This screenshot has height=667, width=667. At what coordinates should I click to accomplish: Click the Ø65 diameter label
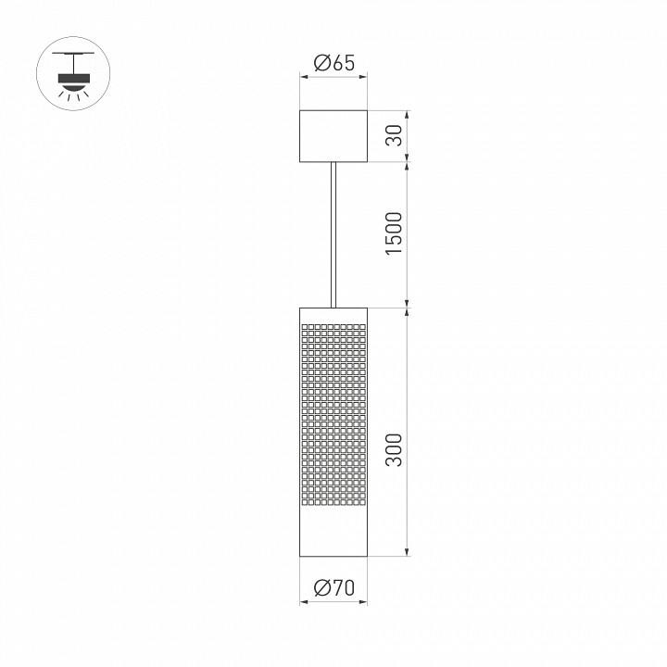[333, 63]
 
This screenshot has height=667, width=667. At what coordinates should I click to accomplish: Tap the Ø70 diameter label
[333, 587]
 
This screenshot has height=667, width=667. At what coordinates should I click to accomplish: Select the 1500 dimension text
[394, 235]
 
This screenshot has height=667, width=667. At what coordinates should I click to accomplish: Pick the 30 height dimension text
[394, 137]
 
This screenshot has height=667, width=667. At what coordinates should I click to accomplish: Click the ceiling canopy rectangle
[333, 137]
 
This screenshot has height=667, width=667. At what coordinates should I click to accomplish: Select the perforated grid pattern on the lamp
[333, 417]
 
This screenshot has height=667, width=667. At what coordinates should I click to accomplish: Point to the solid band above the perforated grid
[333, 315]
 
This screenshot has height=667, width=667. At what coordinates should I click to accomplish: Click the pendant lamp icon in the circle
[71, 71]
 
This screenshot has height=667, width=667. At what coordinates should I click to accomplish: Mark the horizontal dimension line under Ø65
[333, 78]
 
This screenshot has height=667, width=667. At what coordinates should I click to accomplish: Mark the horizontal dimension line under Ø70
[333, 602]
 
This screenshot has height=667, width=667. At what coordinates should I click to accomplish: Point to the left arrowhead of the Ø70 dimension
[304, 602]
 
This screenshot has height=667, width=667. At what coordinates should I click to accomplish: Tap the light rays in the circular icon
[71, 94]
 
